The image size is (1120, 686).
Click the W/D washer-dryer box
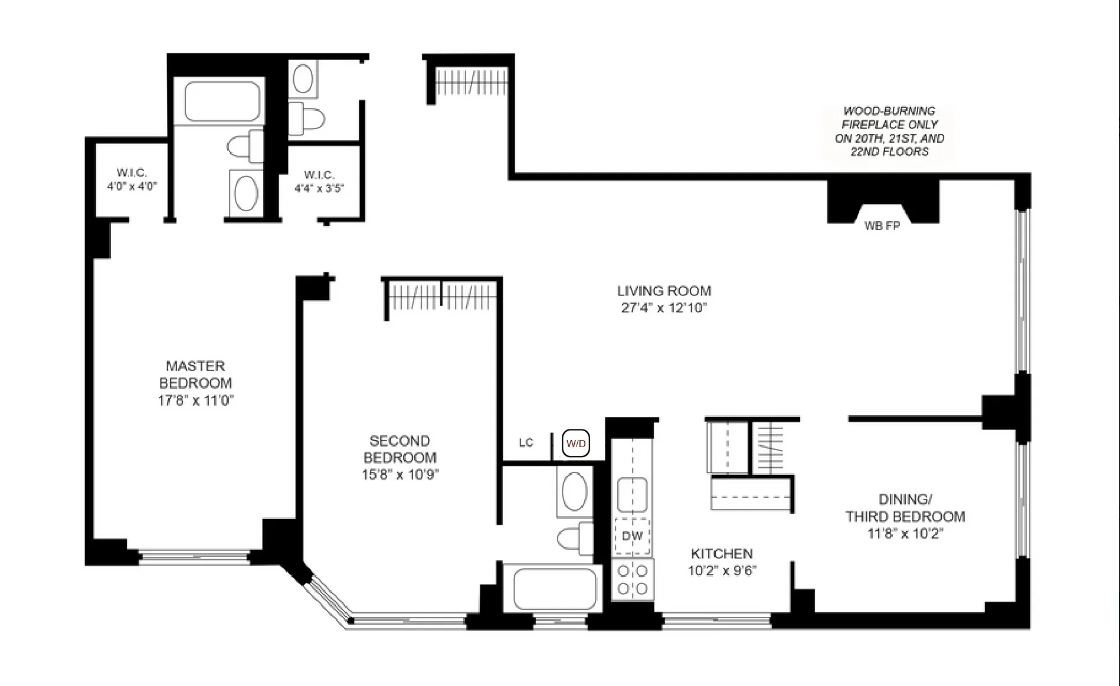click(x=575, y=444)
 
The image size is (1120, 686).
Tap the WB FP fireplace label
click(x=882, y=226)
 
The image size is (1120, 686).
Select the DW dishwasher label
click(x=632, y=536)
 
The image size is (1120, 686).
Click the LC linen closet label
click(x=526, y=442)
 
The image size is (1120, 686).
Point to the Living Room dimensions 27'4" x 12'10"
click(x=664, y=308)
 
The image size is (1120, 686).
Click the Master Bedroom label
click(x=195, y=374)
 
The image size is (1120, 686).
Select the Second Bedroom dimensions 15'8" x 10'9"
click(x=400, y=474)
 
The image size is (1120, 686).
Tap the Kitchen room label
click(x=722, y=553)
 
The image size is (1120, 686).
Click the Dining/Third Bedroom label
click(x=905, y=508)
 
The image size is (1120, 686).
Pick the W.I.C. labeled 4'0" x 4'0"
click(x=132, y=179)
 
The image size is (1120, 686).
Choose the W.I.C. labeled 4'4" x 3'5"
click(x=319, y=182)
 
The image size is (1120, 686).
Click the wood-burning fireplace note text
click(x=889, y=131)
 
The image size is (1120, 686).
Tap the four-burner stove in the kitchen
click(x=632, y=580)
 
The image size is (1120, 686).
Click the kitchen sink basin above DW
click(x=632, y=494)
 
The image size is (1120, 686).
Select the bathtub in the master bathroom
click(x=222, y=101)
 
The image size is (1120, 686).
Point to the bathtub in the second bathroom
click(x=554, y=589)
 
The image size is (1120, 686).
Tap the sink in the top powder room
click(x=303, y=78)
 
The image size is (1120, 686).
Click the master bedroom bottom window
click(x=194, y=556)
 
